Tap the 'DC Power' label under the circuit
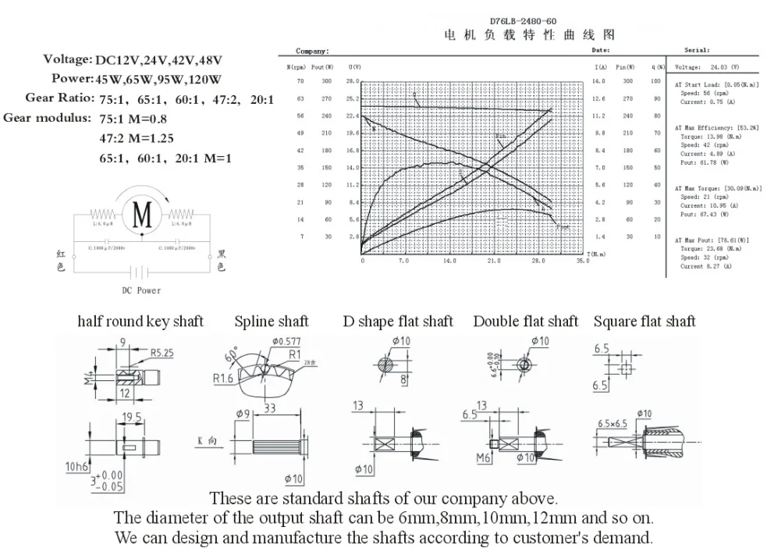coord(141,290)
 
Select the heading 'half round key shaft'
coord(140,321)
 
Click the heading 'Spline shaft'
coord(272,321)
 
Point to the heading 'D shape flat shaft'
coord(398,321)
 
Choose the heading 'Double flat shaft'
coord(526,321)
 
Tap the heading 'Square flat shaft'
coord(644,321)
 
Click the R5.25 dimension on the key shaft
coord(162,353)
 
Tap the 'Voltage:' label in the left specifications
coord(67,59)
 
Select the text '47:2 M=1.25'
coord(137,138)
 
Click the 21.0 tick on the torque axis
coord(495,261)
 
